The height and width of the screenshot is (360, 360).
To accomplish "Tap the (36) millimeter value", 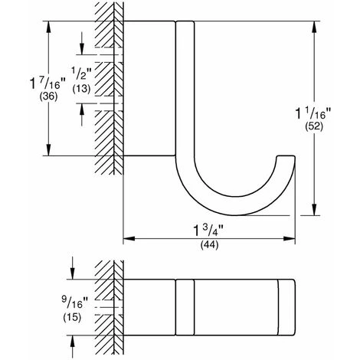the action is click(48, 97).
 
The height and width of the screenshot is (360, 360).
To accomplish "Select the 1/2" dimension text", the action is click(81, 74).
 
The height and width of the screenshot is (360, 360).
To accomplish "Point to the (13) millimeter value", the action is click(81, 89).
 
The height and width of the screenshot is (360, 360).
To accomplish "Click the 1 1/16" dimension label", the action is click(313, 113).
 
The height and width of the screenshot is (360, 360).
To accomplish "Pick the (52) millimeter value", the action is click(314, 126).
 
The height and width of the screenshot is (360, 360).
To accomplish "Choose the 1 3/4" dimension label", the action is click(208, 231).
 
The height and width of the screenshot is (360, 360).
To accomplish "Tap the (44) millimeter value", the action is click(209, 245).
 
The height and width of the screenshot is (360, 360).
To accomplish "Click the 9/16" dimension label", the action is click(74, 303).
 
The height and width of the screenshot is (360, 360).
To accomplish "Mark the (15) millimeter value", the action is click(72, 317).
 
